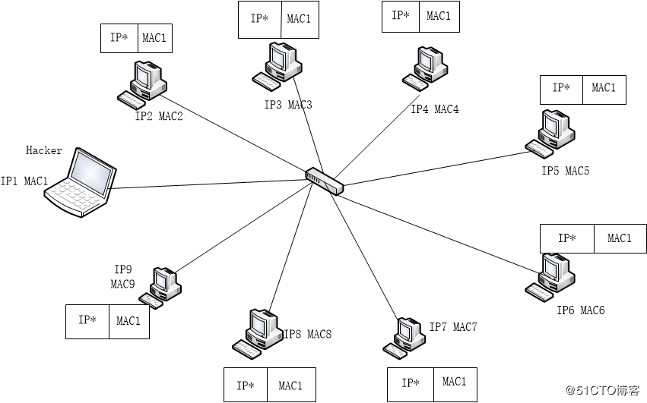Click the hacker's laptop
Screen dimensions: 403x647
coord(80,184)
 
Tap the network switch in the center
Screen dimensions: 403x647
coord(325,181)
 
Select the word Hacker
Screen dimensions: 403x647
coord(44,150)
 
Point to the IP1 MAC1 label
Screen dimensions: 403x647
coord(24,181)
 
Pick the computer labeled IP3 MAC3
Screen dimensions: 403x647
coord(275,65)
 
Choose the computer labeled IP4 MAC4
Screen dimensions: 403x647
coord(423,67)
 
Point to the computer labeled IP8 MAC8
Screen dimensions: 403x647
coord(257,332)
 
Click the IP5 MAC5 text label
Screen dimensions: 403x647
coord(565,171)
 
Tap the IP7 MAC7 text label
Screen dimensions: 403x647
coord(453,327)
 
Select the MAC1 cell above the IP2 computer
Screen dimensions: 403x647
coord(154,39)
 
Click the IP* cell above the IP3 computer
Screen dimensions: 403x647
coord(259,20)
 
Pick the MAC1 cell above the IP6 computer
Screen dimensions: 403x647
coord(620,238)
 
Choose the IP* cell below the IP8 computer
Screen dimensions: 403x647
coord(245,386)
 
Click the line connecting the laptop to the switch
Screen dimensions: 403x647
coord(205,184)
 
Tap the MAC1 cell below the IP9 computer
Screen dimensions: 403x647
coord(128,321)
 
